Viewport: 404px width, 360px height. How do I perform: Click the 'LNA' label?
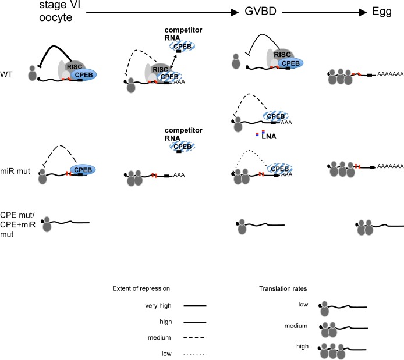pyautogui.click(x=270, y=137)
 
